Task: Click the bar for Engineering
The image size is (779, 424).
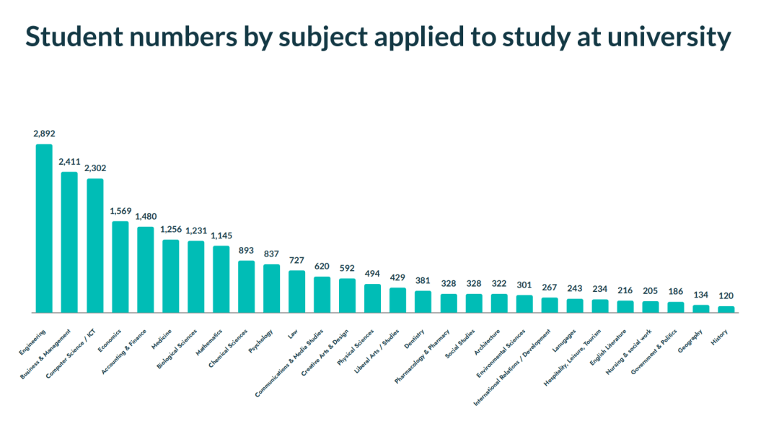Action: [44, 228]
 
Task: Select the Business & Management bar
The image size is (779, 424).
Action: [69, 243]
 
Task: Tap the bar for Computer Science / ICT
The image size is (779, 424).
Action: [95, 246]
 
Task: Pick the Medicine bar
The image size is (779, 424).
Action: [170, 276]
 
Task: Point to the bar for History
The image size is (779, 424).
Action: [726, 310]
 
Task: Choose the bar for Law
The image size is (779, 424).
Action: [296, 292]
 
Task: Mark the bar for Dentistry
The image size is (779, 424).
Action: [423, 302]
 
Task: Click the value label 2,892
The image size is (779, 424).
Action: [44, 134]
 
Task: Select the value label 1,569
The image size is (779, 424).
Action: [120, 211]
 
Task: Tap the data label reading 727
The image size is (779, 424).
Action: [296, 260]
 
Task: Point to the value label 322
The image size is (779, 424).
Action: [499, 284]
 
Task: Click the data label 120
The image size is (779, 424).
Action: [726, 295]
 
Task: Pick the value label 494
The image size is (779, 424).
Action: [372, 274]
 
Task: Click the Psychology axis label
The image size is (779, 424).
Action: [261, 342]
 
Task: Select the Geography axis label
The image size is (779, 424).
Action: [690, 342]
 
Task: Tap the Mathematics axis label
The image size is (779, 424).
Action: [208, 342]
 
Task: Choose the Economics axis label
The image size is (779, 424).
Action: [110, 341]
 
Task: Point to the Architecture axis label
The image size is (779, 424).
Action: [487, 342]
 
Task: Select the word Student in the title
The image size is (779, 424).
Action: [74, 37]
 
